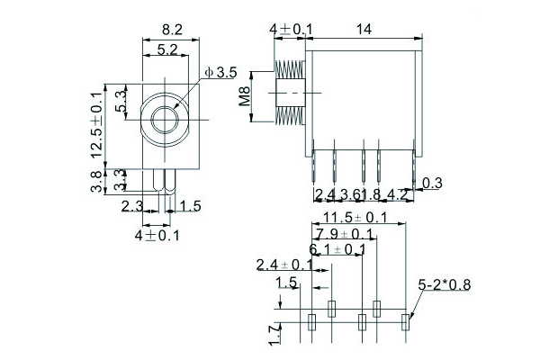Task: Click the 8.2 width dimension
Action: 171,29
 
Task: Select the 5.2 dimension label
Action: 166,50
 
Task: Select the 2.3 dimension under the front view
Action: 132,206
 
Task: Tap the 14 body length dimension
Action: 364,29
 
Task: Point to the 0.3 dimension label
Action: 431,184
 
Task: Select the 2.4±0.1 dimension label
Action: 284,265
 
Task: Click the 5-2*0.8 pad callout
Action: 445,286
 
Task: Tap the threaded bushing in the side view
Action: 288,93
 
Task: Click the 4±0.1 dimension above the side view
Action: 292,29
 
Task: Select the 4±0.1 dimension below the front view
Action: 157,236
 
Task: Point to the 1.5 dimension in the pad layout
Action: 286,283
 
